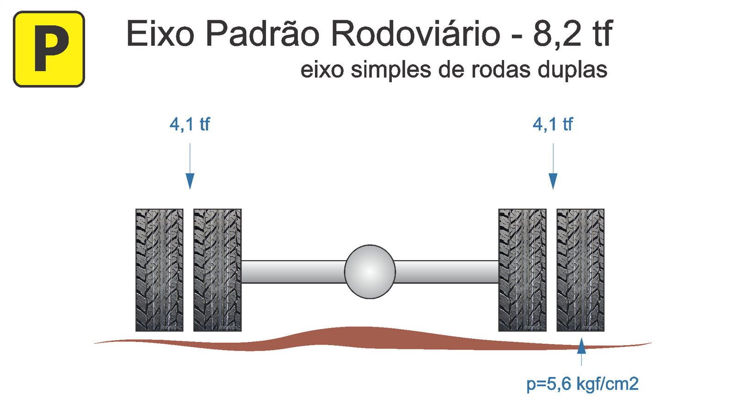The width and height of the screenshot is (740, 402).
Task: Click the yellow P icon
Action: [x=49, y=49]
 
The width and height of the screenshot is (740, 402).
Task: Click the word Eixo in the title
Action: [x=160, y=34]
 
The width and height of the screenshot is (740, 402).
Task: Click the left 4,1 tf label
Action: [x=190, y=124]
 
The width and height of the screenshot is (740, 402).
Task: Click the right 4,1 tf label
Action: [x=553, y=124]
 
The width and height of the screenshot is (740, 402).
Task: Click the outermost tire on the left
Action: [x=159, y=270]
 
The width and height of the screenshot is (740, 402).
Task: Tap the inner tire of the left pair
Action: [x=217, y=270]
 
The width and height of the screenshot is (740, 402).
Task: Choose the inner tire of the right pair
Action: [x=522, y=270]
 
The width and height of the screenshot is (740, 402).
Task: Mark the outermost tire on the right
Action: [x=580, y=270]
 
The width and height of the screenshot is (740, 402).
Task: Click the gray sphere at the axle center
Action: [x=370, y=272]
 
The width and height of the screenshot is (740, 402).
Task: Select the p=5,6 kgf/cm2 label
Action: [x=582, y=384]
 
